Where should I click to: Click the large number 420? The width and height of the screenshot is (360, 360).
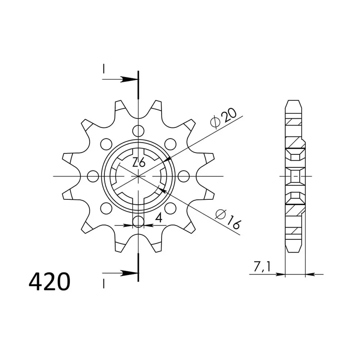pyautogui.click(x=49, y=282)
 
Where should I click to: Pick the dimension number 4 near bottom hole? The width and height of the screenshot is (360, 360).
pyautogui.click(x=158, y=219)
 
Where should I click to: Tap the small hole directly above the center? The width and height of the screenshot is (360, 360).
pyautogui.click(x=139, y=131)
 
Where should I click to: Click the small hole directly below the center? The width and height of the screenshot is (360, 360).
pyautogui.click(x=139, y=221)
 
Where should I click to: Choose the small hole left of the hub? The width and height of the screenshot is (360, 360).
pyautogui.click(x=93, y=176)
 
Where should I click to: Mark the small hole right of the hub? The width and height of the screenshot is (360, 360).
pyautogui.click(x=184, y=176)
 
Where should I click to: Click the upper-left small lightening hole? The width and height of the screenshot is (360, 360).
pyautogui.click(x=106, y=144)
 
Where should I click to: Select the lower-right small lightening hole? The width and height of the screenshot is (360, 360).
pyautogui.click(x=171, y=208)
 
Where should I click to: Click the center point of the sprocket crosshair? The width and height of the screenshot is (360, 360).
pyautogui.click(x=139, y=176)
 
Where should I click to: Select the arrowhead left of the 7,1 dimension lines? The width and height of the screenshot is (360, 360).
pyautogui.click(x=281, y=273)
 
